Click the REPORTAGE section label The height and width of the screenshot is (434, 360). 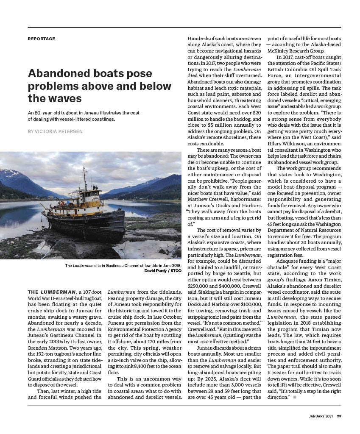41,39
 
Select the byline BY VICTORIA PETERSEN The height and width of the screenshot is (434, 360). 55,131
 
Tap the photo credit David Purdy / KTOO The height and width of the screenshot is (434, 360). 163,270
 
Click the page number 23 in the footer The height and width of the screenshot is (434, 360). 339,416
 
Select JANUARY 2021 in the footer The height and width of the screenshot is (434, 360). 321,416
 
